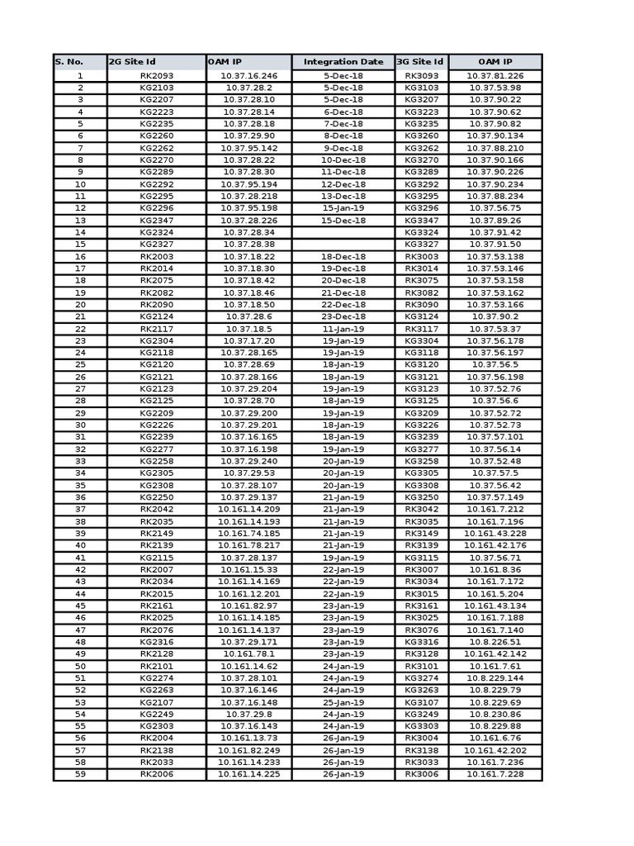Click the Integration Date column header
point(343,62)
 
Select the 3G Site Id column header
point(421,62)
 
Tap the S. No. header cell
point(80,62)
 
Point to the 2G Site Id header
point(156,62)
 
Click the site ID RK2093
point(156,76)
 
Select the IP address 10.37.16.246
point(248,76)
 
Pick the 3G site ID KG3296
point(421,208)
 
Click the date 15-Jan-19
point(343,208)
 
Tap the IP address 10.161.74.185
point(248,534)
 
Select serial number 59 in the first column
point(80,774)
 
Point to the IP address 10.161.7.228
point(494,774)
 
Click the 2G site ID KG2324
point(156,232)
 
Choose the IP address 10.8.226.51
point(494,642)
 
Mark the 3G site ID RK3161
point(421,606)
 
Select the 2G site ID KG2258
point(156,461)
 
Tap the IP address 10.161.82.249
point(248,750)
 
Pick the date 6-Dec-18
point(343,112)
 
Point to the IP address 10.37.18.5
point(248,329)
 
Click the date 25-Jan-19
point(343,702)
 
